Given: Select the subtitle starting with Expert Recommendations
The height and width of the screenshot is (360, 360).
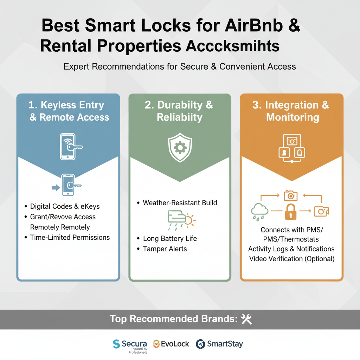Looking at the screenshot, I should tap(180, 66).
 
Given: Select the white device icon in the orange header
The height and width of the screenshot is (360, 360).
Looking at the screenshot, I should tap(291, 148).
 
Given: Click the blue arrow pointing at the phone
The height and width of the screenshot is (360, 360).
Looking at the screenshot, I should tap(56, 188).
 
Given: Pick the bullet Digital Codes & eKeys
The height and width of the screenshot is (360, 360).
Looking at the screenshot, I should tap(65, 206).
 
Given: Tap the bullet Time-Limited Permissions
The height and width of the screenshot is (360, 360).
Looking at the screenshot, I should tap(70, 237).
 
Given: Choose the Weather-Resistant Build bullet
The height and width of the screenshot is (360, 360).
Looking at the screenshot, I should tap(180, 203).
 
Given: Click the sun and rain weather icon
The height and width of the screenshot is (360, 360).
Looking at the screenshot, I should tap(181, 220).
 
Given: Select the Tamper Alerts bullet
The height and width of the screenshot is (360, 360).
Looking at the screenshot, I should tap(165, 249).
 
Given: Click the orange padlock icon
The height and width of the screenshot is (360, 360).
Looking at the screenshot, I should tap(290, 211).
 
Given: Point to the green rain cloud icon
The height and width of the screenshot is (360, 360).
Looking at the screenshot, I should tap(259, 211).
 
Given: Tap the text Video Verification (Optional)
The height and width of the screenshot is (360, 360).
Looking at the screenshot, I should tap(291, 259).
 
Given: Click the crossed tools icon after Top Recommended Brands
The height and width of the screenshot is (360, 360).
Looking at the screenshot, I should tap(246, 319).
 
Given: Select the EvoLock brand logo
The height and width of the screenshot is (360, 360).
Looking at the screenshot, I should tap(171, 344).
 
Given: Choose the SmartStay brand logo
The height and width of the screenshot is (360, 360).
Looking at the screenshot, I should tap(219, 344).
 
